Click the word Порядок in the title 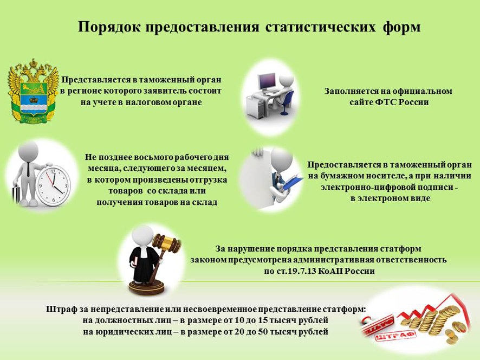(x=109, y=27)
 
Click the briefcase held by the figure (x=16, y=195)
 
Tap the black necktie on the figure (x=28, y=169)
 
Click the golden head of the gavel (x=167, y=243)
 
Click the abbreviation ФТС (x=387, y=102)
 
